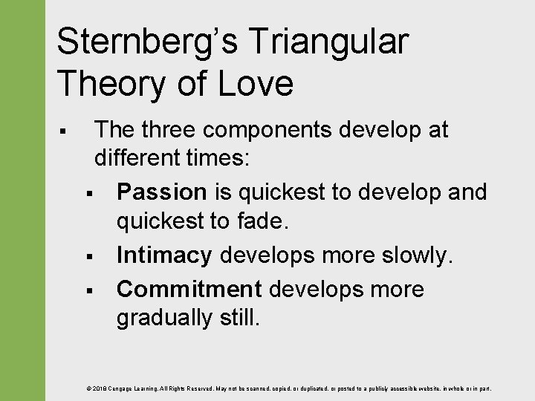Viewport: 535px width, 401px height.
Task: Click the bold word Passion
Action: [x=161, y=192]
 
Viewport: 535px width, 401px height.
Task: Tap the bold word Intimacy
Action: [x=163, y=256]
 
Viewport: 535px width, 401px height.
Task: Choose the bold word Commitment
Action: [x=189, y=289]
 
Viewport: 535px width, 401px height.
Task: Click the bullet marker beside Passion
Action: [x=88, y=194]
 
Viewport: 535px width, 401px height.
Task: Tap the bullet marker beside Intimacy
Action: [x=88, y=258]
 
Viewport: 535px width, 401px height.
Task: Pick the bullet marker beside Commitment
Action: [x=88, y=290]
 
